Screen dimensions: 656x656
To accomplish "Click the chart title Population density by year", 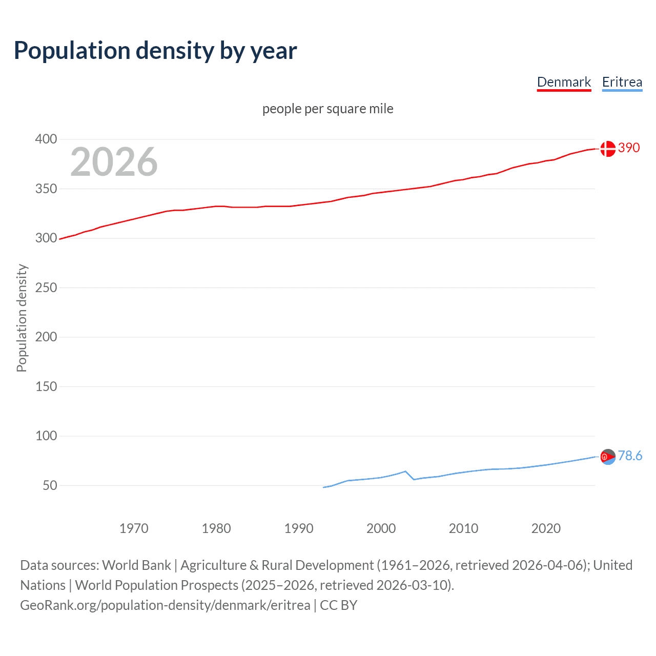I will (x=155, y=51).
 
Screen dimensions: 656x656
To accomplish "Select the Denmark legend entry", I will (x=564, y=82).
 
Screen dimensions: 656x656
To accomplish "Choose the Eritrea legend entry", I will (x=622, y=82).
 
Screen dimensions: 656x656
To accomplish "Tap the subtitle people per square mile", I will (x=327, y=109).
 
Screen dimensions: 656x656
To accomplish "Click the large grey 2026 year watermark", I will (x=114, y=162).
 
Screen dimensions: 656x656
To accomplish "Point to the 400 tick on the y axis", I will (x=46, y=139).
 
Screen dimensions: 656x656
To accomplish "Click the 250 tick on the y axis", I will (x=46, y=288).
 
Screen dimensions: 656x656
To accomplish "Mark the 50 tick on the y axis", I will (x=50, y=485).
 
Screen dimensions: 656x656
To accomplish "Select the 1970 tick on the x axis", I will (x=134, y=528).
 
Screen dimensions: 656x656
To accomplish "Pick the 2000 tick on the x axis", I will (x=381, y=528).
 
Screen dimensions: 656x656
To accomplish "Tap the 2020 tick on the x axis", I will (x=546, y=528).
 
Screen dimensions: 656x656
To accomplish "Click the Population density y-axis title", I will (x=22, y=318).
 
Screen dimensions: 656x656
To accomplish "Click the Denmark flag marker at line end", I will (x=608, y=149).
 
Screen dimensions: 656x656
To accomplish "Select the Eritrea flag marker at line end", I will (x=608, y=457).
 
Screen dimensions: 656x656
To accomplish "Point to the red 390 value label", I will (x=629, y=148).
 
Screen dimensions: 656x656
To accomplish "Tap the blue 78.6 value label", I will (x=630, y=456).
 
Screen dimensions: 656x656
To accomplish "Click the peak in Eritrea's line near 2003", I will (x=405, y=471).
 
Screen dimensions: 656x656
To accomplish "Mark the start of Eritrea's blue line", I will (x=324, y=487).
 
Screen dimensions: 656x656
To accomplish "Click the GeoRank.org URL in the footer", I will (x=165, y=605).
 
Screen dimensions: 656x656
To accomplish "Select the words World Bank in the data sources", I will (x=136, y=565).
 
